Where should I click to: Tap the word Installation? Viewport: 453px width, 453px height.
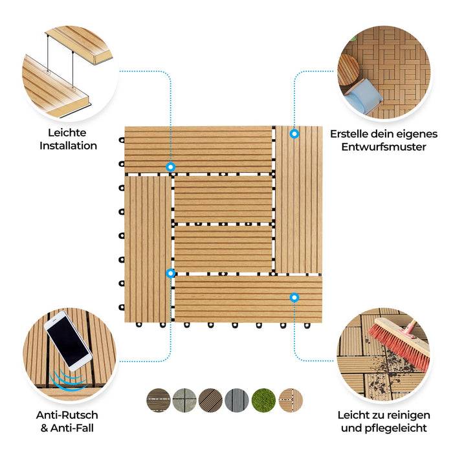pos(68,146)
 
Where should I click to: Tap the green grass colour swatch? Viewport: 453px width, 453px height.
pos(263,400)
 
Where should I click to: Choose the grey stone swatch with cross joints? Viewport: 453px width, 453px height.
pos(184,400)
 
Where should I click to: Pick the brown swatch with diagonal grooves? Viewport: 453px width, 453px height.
pos(211,400)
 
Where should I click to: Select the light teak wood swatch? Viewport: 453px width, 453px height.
pos(291,400)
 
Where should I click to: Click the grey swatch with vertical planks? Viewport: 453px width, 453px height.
pos(237,400)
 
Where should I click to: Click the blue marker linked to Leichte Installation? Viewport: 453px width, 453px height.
pos(170,167)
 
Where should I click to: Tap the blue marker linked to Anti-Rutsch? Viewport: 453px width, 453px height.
pos(170,273)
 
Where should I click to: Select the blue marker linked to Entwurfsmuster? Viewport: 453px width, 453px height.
pos(294,134)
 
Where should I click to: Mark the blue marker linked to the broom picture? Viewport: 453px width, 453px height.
pos(294,297)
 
